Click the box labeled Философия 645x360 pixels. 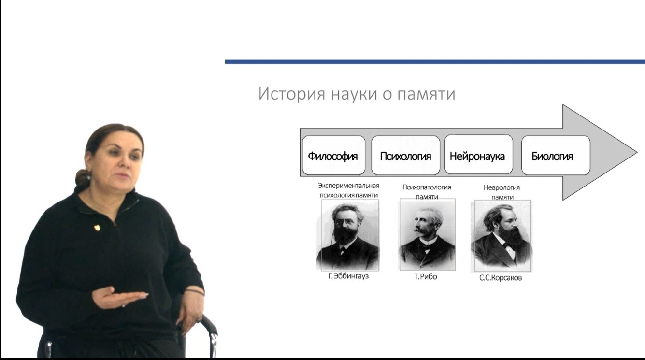(333, 155)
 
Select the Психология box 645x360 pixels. (405, 155)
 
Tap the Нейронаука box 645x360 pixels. (479, 154)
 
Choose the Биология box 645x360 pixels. (556, 155)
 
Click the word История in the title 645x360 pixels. (292, 94)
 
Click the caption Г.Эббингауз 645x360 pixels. (348, 276)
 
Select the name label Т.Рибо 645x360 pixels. (426, 277)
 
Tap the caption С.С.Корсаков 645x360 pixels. (501, 278)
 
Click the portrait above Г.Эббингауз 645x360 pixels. (348, 235)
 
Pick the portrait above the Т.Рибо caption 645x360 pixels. (428, 234)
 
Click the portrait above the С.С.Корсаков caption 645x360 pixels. (501, 236)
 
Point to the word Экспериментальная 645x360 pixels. (348, 186)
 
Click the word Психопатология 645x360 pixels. (427, 187)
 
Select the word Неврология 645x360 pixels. (502, 188)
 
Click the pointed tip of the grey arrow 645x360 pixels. (637, 153)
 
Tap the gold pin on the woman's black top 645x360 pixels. (97, 228)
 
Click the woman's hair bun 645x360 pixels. (83, 178)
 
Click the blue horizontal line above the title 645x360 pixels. (435, 62)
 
